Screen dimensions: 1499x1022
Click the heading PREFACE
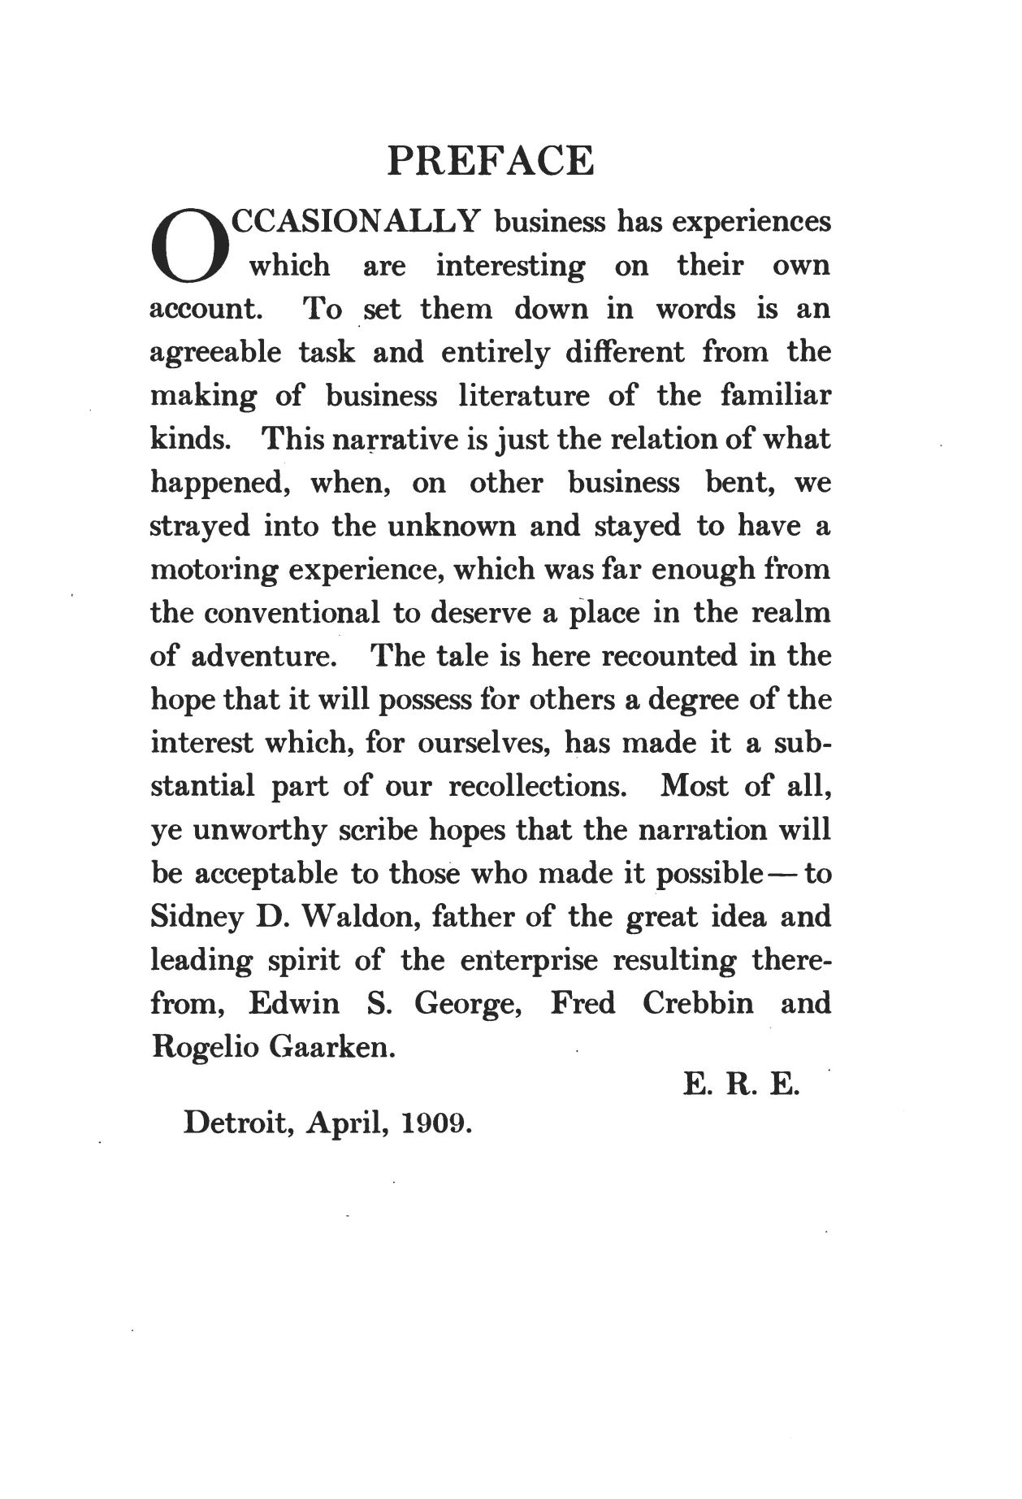(491, 161)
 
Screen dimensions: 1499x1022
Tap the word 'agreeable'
(216, 353)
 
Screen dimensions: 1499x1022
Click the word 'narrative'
(383, 440)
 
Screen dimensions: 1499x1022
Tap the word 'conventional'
(292, 613)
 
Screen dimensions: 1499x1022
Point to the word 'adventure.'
(265, 656)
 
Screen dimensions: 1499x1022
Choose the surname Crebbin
(698, 1004)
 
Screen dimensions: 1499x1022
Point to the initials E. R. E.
(742, 1084)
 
